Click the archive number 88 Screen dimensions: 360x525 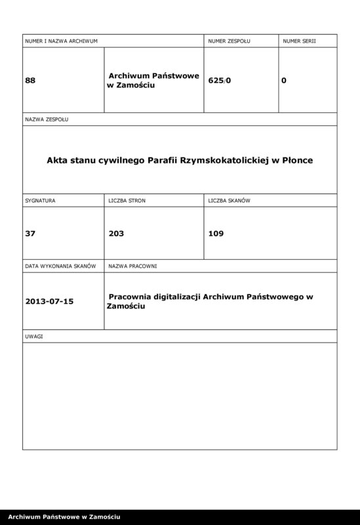click(30, 81)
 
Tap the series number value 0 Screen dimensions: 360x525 click(283, 81)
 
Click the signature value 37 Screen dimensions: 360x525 click(30, 232)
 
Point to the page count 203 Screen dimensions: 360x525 click(117, 232)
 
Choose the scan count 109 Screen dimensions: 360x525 click(216, 232)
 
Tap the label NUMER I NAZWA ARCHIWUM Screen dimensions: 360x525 click(61, 41)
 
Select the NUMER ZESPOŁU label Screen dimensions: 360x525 click(229, 41)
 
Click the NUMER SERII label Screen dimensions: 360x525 click(300, 41)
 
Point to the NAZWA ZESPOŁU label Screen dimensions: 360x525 click(47, 120)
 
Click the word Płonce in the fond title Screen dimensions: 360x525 click(296, 159)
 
